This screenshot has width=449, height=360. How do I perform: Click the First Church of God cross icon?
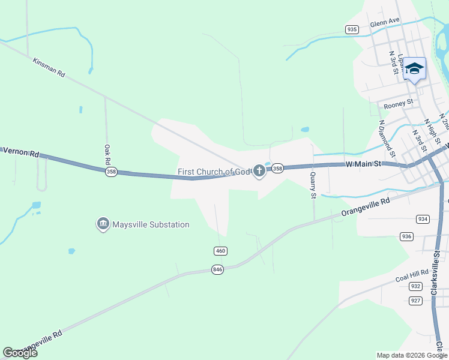pyautogui.click(x=259, y=172)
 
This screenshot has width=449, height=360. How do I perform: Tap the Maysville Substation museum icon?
pyautogui.click(x=103, y=224)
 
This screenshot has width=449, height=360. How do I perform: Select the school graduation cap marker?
pyautogui.click(x=414, y=69)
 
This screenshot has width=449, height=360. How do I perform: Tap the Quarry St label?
pyautogui.click(x=313, y=184)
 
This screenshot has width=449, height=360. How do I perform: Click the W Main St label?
pyautogui.click(x=364, y=163)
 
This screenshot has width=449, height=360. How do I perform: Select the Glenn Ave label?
pyautogui.click(x=385, y=22)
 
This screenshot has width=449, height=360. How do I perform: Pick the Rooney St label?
pyautogui.click(x=399, y=103)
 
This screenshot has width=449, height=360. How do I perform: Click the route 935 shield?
pyautogui.click(x=352, y=29)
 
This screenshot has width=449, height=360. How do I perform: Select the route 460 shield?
pyautogui.click(x=220, y=250)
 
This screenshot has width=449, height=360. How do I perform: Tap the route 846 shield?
pyautogui.click(x=217, y=270)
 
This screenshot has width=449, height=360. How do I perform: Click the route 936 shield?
pyautogui.click(x=407, y=236)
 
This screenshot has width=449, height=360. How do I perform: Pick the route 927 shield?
pyautogui.click(x=415, y=300)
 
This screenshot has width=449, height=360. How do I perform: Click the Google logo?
pyautogui.click(x=20, y=353)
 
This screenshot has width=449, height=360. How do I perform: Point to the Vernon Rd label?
pyautogui.click(x=20, y=152)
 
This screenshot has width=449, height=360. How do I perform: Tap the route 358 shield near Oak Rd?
pyautogui.click(x=110, y=172)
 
